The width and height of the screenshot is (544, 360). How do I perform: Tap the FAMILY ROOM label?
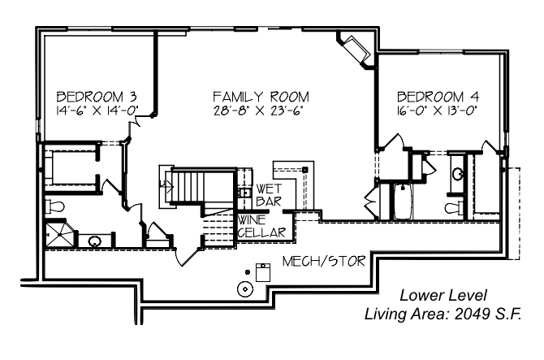click(x=261, y=96)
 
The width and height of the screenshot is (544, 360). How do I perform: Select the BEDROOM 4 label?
click(x=438, y=96)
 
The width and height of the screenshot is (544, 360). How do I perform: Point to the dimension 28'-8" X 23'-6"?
click(x=259, y=111)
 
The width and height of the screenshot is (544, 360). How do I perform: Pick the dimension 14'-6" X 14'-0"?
click(x=97, y=111)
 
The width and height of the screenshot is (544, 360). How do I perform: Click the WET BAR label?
click(x=269, y=195)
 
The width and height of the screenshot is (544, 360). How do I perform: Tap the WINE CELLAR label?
click(x=261, y=227)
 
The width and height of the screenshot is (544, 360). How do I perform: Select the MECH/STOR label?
click(x=324, y=261)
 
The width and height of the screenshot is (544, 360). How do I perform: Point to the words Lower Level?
click(x=443, y=296)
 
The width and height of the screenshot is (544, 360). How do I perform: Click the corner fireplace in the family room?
click(x=355, y=50)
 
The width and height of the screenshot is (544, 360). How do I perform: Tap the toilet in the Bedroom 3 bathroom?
click(x=55, y=207)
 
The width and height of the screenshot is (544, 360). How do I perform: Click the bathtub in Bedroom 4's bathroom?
click(x=403, y=202)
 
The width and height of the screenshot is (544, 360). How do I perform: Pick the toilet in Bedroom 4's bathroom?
click(x=454, y=208)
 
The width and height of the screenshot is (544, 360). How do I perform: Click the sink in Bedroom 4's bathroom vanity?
click(x=458, y=173)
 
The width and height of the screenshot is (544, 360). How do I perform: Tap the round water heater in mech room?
click(x=245, y=288)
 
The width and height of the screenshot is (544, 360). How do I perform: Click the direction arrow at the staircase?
click(x=166, y=186)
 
